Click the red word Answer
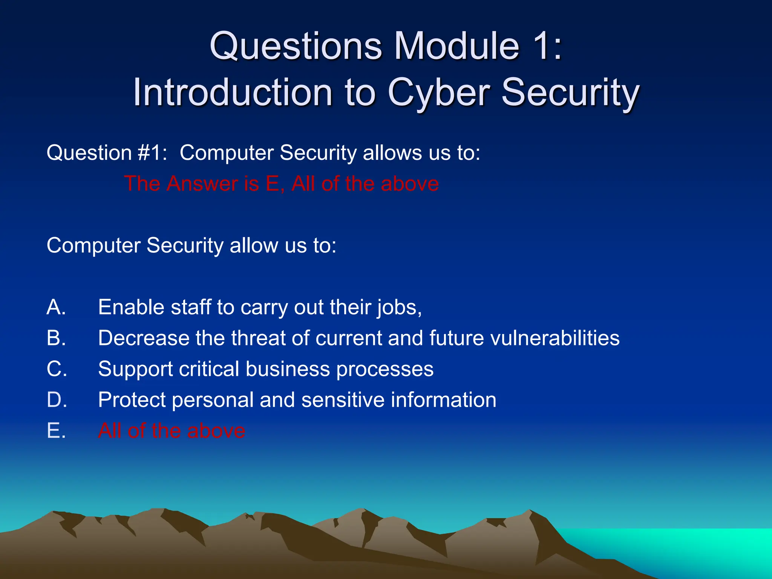click(x=202, y=184)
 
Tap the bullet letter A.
click(x=56, y=307)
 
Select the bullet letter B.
click(x=56, y=338)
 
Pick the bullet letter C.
click(x=57, y=369)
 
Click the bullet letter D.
click(x=57, y=400)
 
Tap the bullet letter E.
click(x=56, y=430)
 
